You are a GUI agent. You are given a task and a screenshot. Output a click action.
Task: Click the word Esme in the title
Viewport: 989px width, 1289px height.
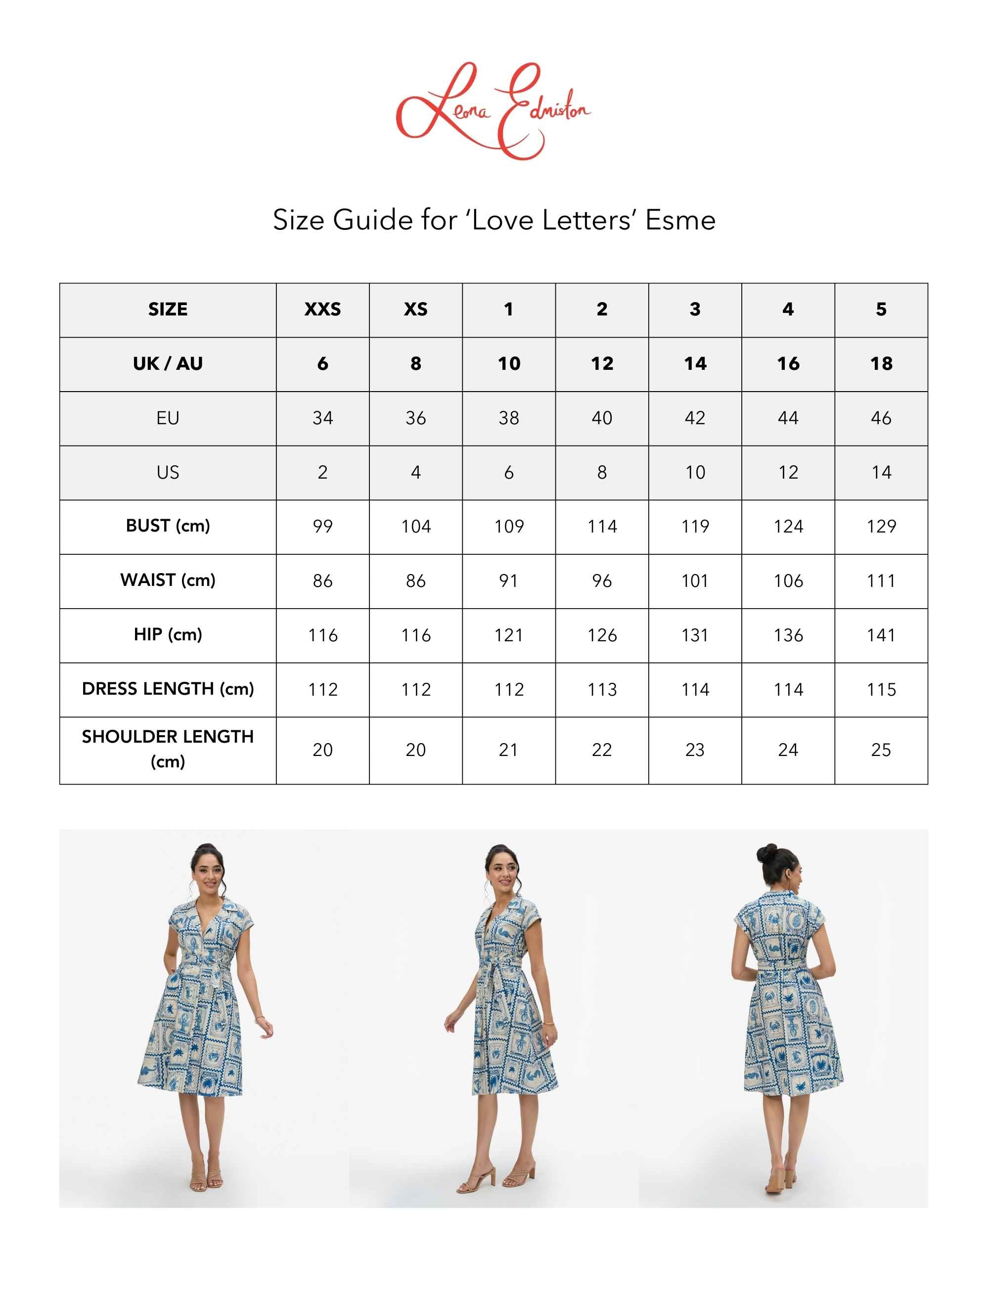point(680,220)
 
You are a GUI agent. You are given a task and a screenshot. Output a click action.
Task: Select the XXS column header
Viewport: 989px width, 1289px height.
point(322,310)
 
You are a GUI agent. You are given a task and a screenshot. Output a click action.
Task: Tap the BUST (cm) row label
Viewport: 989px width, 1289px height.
point(168,526)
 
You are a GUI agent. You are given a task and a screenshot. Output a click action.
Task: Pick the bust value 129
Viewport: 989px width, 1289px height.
point(881,526)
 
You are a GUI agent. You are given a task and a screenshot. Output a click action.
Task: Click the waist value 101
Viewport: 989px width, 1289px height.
point(695,581)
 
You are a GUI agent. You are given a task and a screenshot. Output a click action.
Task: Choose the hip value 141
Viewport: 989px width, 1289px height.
point(881,635)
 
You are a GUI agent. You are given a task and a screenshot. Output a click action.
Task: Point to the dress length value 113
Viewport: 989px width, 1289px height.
point(602,689)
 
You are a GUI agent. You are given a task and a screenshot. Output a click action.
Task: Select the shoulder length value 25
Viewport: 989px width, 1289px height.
point(881,750)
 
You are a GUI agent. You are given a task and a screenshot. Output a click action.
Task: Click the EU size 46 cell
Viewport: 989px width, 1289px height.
point(881,418)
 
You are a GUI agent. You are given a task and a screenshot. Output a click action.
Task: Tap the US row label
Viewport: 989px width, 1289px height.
point(168,472)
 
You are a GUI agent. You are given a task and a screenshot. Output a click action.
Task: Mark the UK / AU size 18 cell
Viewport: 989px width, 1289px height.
point(881,364)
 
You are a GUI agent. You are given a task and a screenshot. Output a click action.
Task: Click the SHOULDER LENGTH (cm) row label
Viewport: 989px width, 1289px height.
point(168,749)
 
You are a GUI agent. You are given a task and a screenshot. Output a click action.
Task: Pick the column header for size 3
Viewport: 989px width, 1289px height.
point(695,310)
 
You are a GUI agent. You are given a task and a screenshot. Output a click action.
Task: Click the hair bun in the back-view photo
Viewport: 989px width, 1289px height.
point(767,853)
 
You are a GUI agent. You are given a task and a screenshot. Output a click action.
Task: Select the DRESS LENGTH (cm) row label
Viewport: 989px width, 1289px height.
point(168,689)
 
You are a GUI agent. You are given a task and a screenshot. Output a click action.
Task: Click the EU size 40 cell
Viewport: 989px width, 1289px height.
point(602,418)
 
